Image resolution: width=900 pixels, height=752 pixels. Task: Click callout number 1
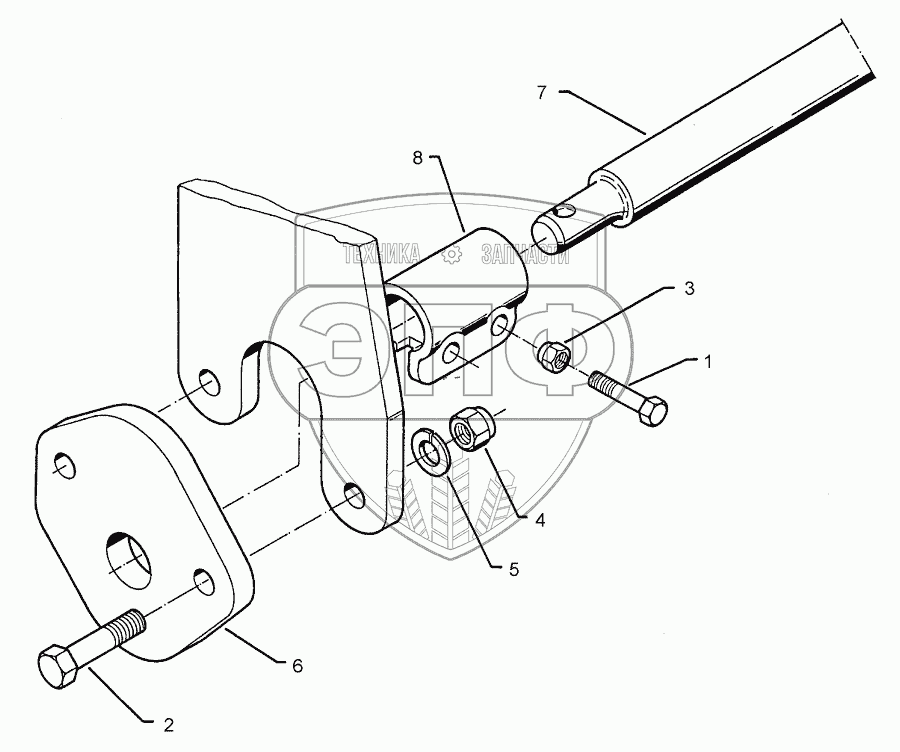(708, 362)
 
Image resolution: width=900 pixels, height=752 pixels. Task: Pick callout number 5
(513, 570)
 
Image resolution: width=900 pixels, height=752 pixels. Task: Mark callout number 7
(542, 93)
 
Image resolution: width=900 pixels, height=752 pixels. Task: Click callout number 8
(418, 156)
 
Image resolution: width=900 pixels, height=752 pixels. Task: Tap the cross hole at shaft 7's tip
(565, 211)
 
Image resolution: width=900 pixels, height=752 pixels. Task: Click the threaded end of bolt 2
(127, 627)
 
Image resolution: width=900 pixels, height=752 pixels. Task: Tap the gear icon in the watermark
(453, 256)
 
